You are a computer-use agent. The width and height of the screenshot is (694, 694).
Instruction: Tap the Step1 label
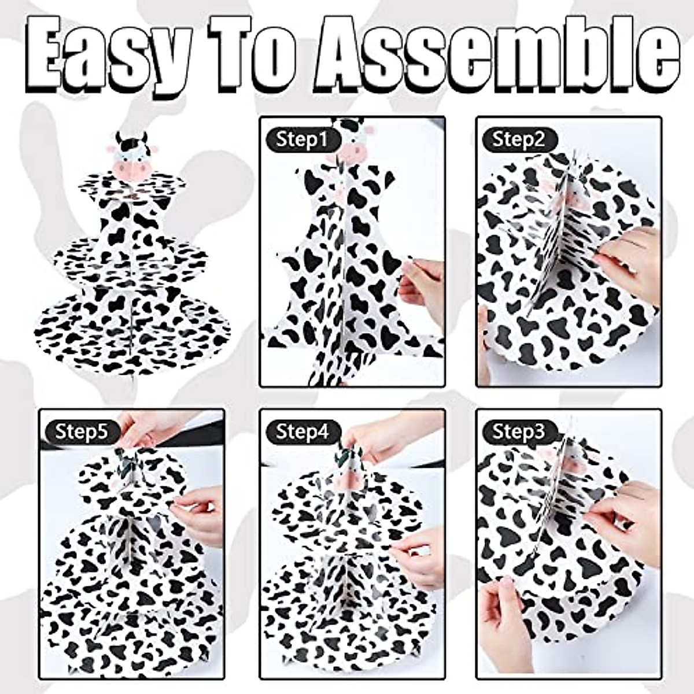click(301, 139)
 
